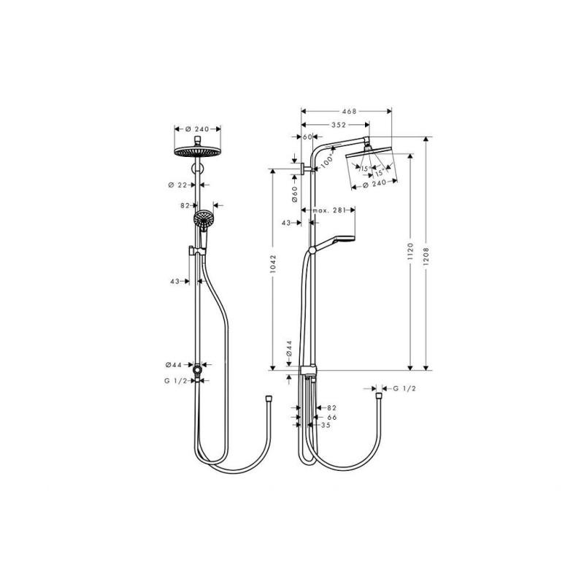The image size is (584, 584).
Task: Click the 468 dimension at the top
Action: [x=349, y=111]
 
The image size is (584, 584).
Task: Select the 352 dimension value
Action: [x=339, y=125]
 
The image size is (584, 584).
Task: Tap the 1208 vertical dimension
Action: [x=426, y=256]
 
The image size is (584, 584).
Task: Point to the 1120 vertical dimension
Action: [x=410, y=251]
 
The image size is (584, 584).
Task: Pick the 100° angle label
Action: [x=326, y=161]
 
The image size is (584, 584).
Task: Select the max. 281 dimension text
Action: [x=329, y=210]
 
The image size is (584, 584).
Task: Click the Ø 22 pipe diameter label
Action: [x=177, y=185]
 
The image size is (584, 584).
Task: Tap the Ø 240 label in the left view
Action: [x=197, y=129]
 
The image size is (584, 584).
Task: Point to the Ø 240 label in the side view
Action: [x=374, y=184]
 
